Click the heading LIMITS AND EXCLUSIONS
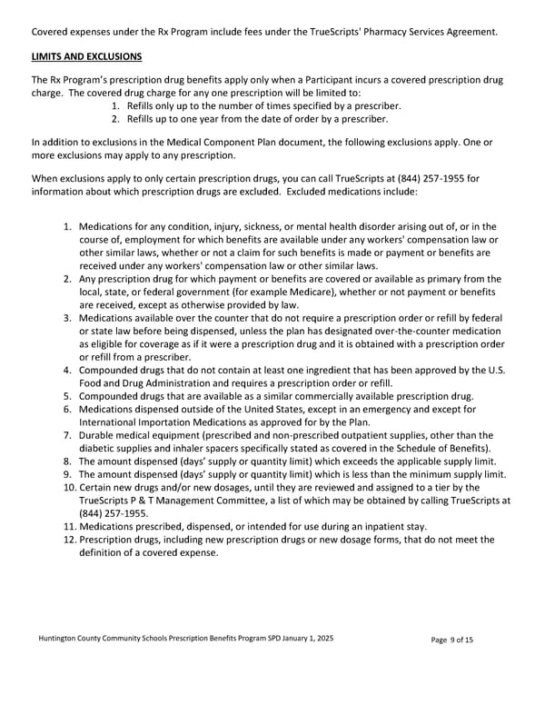pos(86,57)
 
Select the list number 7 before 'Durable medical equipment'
pos(68,435)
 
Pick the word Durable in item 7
pos(99,435)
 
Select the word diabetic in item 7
pos(103,448)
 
